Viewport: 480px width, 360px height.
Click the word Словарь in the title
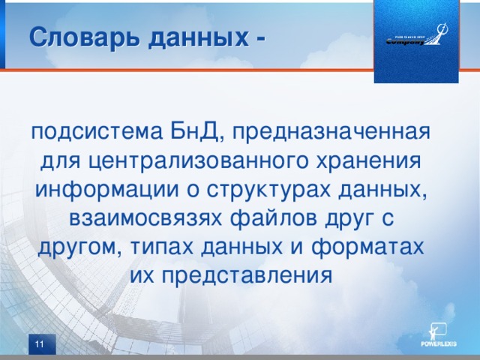click(73, 37)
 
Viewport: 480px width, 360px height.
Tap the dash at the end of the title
click(259, 37)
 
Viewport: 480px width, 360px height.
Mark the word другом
click(76, 247)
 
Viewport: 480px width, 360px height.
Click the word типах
click(157, 247)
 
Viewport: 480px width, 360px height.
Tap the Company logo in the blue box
click(416, 38)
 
